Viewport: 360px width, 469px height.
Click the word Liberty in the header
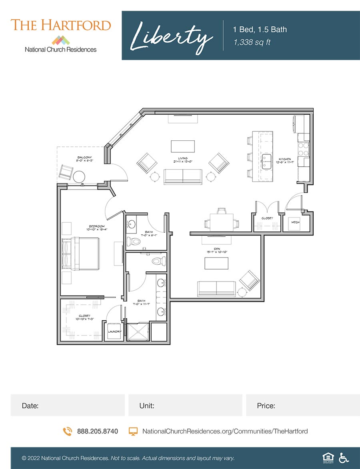[172, 36]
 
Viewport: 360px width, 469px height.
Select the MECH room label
[295, 222]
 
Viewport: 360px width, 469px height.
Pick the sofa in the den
[216, 289]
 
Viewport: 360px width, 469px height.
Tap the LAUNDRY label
[114, 331]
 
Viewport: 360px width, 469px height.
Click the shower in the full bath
[138, 331]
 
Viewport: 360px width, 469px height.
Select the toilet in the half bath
[133, 241]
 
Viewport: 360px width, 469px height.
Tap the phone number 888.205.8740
[97, 431]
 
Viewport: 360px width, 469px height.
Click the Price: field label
[266, 406]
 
